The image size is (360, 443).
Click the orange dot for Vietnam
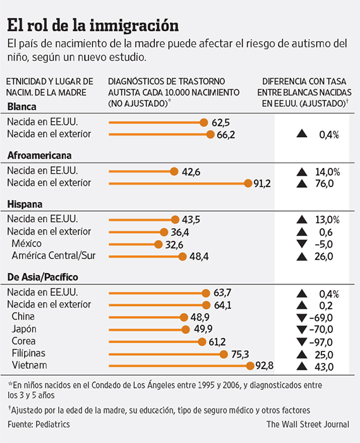coord(250,366)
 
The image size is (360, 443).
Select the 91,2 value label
coord(262,184)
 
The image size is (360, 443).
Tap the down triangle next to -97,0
coord(302,342)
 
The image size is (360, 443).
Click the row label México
coord(27,243)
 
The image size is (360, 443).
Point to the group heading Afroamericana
coord(40,155)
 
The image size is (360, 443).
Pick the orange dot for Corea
coord(202,342)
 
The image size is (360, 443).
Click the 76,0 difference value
coord(325,184)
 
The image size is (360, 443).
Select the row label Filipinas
coord(28,353)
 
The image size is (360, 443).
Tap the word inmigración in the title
coord(134,25)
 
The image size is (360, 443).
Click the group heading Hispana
coord(25,204)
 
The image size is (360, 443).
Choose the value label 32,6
coord(174,245)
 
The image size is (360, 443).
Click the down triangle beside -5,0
coord(302,244)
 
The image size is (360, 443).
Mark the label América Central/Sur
coord(53,256)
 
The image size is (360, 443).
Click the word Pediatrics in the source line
coord(53,424)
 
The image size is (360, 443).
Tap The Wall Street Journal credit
coord(308,424)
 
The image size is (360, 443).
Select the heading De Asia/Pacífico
coord(43,277)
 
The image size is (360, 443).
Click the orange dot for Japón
coord(186,329)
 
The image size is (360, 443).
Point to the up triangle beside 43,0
coord(302,366)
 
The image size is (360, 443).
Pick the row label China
coord(23,317)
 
